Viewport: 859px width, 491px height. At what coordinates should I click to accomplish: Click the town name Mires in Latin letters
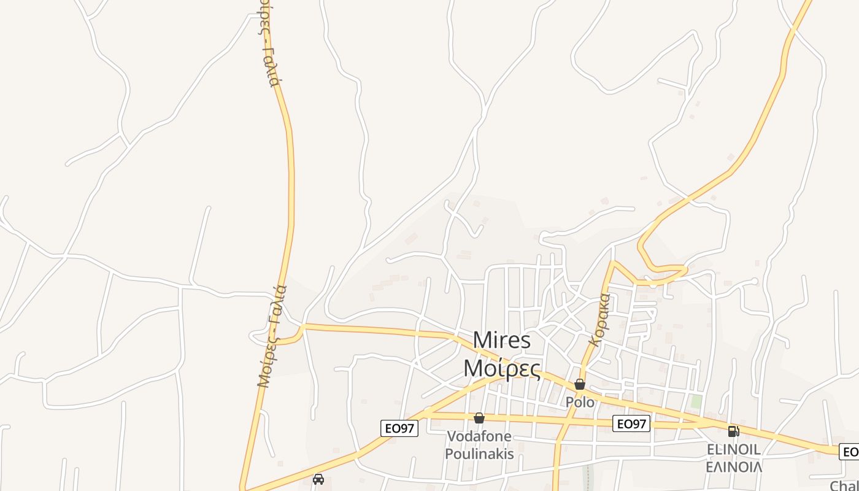[502, 341]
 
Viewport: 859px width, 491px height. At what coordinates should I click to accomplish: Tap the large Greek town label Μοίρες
[502, 368]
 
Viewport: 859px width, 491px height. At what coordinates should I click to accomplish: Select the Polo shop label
[580, 403]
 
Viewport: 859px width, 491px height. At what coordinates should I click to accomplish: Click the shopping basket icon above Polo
[580, 385]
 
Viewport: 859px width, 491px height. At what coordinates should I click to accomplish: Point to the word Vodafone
[479, 436]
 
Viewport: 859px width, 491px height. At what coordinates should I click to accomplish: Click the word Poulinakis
[479, 454]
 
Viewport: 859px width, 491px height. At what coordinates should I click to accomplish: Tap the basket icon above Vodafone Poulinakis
[479, 418]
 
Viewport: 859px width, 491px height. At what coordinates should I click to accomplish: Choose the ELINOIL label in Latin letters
[733, 450]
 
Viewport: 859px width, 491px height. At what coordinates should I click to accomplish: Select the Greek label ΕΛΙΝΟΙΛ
[733, 467]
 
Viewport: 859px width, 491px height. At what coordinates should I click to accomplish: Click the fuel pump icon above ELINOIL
[733, 431]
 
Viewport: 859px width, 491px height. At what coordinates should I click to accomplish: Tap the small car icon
[318, 479]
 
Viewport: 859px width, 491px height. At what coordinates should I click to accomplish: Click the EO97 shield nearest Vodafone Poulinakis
[399, 428]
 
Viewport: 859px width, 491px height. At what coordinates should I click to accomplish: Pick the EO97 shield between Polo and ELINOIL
[631, 423]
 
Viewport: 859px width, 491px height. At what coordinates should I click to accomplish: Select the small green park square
[696, 401]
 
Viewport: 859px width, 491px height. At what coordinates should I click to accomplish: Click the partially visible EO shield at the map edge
[850, 452]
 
